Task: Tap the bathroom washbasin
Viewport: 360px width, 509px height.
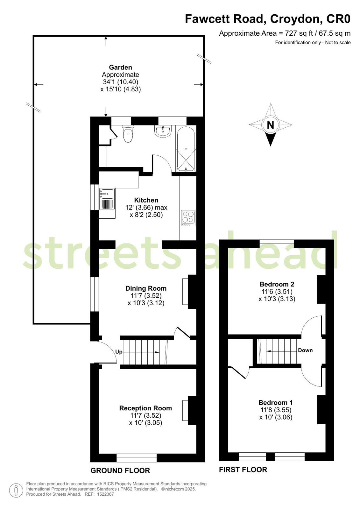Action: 163,131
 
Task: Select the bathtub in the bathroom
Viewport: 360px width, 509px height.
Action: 186,149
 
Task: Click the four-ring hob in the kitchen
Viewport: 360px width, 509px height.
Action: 188,218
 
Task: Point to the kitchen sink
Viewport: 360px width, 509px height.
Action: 107,199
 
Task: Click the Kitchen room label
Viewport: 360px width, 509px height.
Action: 146,200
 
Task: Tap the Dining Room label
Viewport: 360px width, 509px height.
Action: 146,288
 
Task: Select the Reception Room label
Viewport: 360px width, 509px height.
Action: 146,408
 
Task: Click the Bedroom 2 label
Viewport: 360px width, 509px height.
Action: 277,284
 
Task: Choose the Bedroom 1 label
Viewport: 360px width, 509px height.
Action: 276,403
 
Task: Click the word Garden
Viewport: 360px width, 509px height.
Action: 120,67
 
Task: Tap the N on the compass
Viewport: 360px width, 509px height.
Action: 271,125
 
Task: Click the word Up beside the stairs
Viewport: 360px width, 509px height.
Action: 119,352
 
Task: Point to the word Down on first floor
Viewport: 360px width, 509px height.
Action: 305,350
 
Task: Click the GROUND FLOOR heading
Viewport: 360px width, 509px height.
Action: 120,470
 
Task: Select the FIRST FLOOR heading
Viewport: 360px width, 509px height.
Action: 243,470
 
